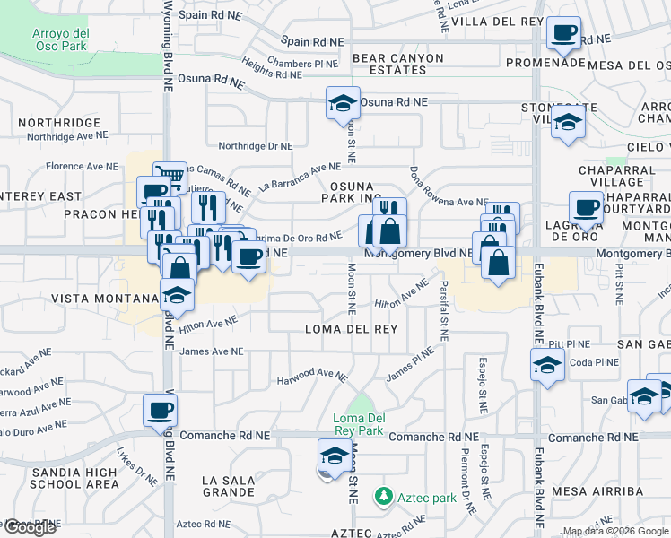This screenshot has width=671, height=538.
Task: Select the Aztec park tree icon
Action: coord(384,496)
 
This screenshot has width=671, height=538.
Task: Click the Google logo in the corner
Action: coord(30,527)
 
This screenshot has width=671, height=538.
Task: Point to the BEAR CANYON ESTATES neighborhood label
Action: coord(398,64)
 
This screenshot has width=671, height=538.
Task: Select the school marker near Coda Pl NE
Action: coord(546,365)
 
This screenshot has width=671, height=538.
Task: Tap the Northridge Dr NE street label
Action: coord(256,145)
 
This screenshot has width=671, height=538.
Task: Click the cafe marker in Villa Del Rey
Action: coord(563,34)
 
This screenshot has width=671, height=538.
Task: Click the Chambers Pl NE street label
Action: coord(301,64)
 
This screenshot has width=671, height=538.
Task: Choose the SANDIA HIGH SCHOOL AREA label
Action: coord(74,478)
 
